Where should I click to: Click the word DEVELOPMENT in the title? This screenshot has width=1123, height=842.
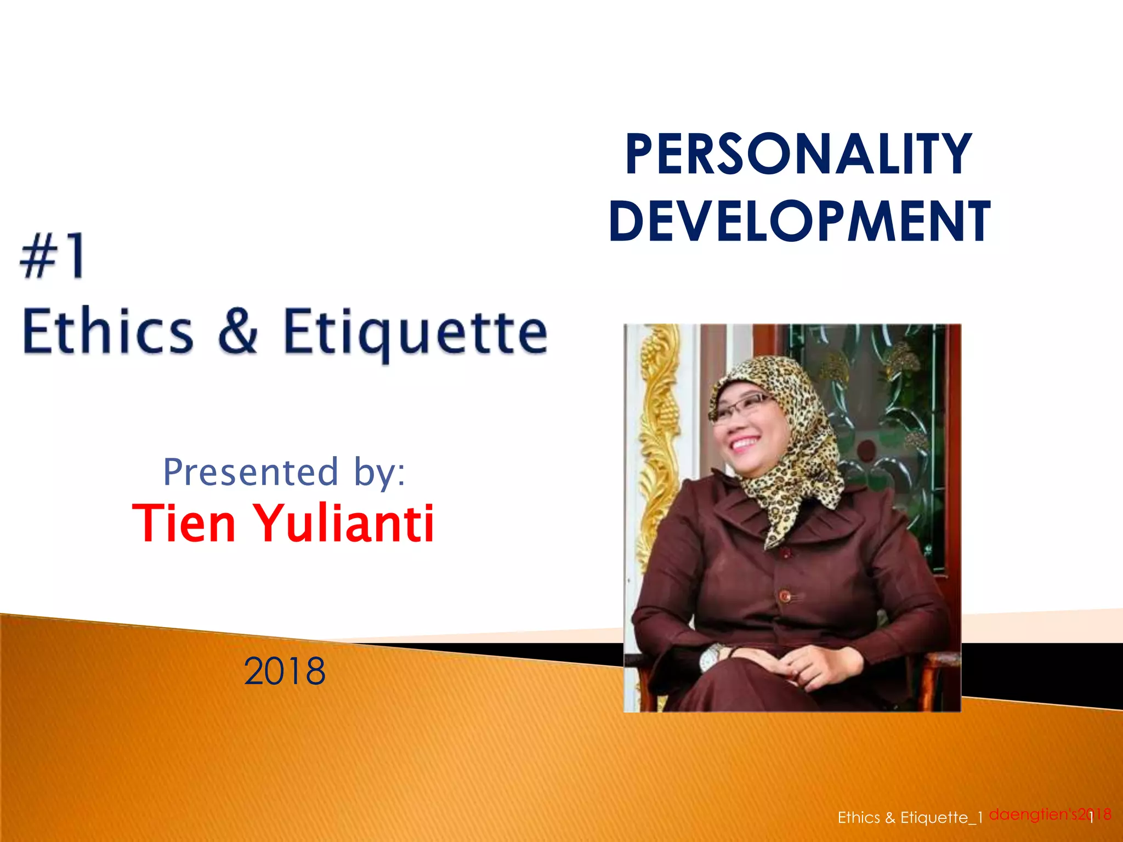(x=799, y=221)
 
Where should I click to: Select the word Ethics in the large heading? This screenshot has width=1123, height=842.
(x=108, y=331)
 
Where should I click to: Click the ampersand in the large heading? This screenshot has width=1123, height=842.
(x=238, y=331)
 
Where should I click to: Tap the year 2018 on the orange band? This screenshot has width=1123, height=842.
(x=284, y=671)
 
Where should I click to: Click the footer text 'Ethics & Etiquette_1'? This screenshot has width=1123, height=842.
(x=910, y=818)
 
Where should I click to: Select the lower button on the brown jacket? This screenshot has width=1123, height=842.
(x=785, y=595)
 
